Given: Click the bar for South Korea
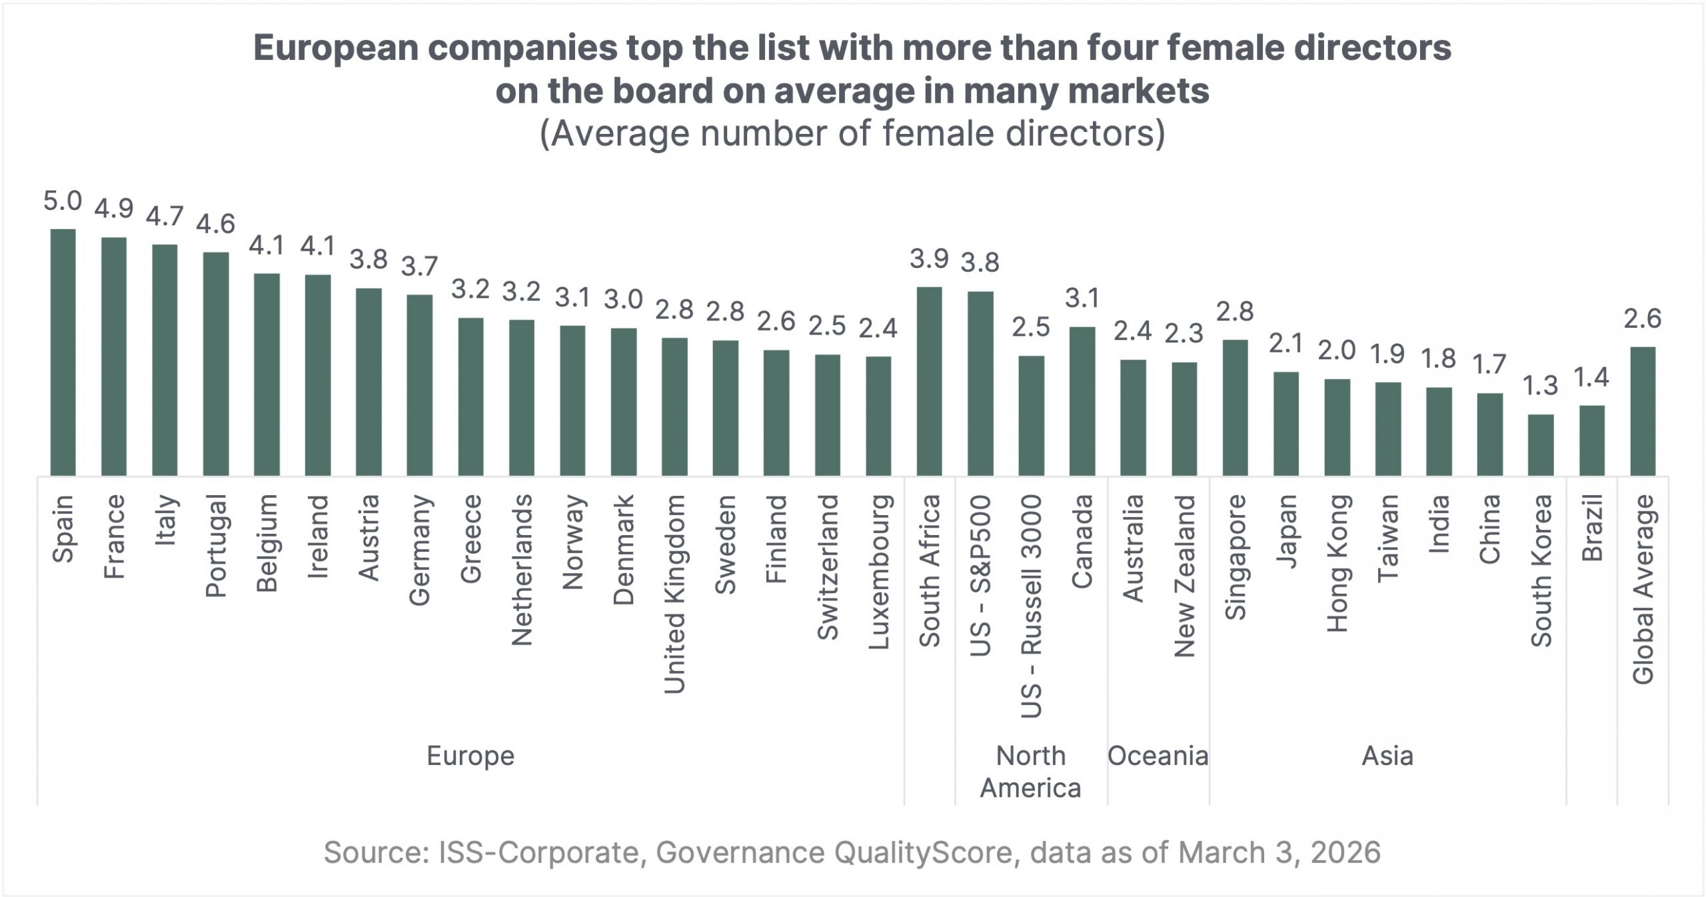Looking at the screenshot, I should pyautogui.click(x=1541, y=445).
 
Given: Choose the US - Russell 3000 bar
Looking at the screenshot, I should pyautogui.click(x=1031, y=415).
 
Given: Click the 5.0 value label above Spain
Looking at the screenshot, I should pyautogui.click(x=63, y=201).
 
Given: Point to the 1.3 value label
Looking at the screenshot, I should pyautogui.click(x=1541, y=385).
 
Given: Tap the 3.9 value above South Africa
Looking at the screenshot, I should pyautogui.click(x=930, y=259).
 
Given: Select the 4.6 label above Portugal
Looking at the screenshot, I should pyautogui.click(x=215, y=224).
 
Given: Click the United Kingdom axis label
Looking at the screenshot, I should pyautogui.click(x=674, y=594).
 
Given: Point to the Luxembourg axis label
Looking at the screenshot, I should pyautogui.click(x=878, y=572).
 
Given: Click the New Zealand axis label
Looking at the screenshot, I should pyautogui.click(x=1184, y=576).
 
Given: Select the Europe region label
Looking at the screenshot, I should pyautogui.click(x=470, y=756).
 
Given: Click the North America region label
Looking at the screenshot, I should pyautogui.click(x=1030, y=772).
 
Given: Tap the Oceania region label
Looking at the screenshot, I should pyautogui.click(x=1158, y=756).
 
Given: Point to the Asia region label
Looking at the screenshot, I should pyautogui.click(x=1387, y=756).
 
